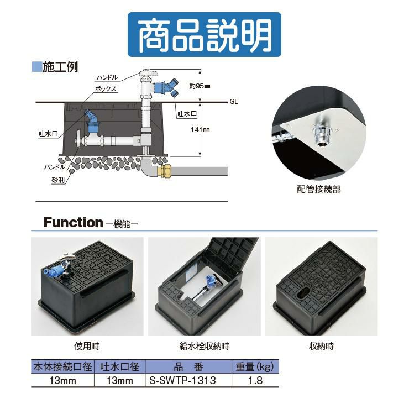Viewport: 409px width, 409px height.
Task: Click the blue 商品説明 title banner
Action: coord(204,34)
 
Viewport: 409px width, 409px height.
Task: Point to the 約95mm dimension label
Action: coord(200,86)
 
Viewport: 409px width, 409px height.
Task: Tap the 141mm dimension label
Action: coord(200,129)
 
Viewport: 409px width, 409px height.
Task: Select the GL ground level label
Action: coord(234,102)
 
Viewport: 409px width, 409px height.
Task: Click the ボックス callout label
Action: coord(106,88)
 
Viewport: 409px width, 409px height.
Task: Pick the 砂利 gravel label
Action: coord(58,180)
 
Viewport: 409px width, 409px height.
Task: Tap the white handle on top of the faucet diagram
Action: coord(149,72)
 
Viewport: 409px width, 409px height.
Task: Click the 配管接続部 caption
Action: coord(319,189)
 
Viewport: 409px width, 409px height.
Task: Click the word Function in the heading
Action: coord(74,222)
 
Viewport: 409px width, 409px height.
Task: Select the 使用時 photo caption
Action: coord(87,346)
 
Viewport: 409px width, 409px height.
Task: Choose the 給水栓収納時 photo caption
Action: coord(204,346)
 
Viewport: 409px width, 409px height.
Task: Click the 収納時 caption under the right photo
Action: coord(321,346)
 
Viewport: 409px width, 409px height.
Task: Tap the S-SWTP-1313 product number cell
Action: coord(182,380)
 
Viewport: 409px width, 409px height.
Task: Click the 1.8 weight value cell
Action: coord(255,380)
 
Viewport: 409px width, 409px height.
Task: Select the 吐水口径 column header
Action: coord(119,366)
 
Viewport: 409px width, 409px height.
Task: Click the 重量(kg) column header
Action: coord(255,366)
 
